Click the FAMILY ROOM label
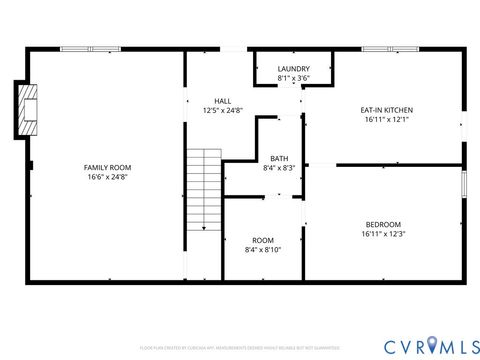pyautogui.click(x=107, y=167)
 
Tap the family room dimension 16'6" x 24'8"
pyautogui.click(x=107, y=177)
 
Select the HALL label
pyautogui.click(x=223, y=100)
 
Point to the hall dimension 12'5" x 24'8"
pyautogui.click(x=223, y=110)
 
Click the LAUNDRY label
pyautogui.click(x=293, y=68)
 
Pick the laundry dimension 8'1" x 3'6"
pyautogui.click(x=293, y=78)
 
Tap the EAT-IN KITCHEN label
pyautogui.click(x=386, y=110)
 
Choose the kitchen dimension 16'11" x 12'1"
pyautogui.click(x=386, y=120)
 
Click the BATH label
pyautogui.click(x=278, y=158)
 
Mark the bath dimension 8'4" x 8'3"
pyautogui.click(x=278, y=168)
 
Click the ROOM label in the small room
pyautogui.click(x=263, y=240)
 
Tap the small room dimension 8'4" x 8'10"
pyautogui.click(x=263, y=250)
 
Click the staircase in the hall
pyautogui.click(x=203, y=190)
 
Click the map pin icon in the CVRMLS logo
pyautogui.click(x=431, y=345)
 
